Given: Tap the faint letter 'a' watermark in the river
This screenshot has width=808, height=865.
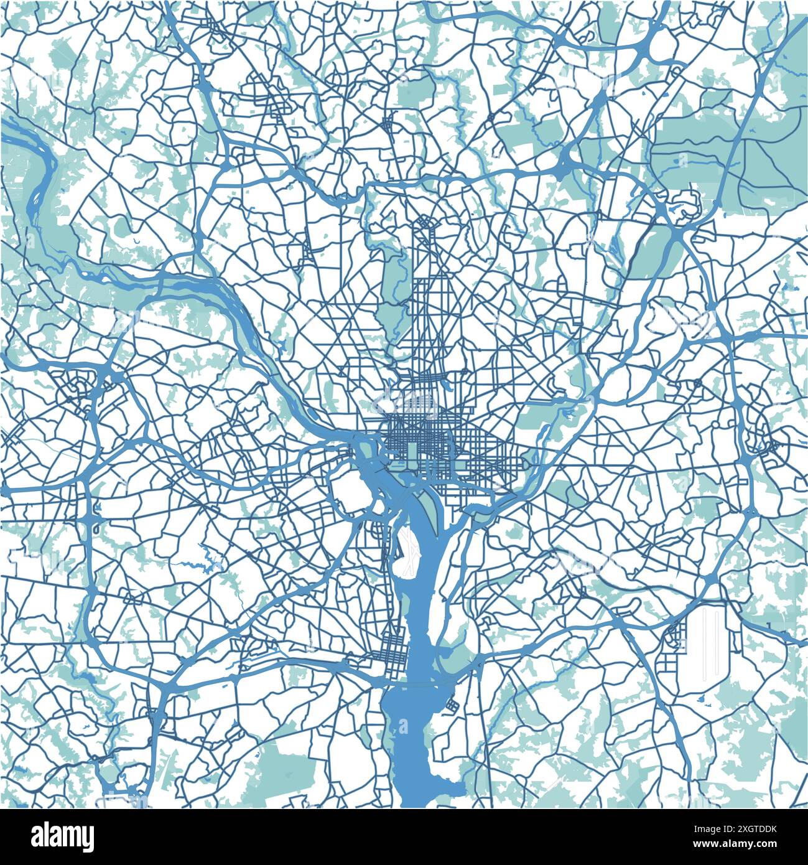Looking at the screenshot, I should pyautogui.click(x=404, y=726).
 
